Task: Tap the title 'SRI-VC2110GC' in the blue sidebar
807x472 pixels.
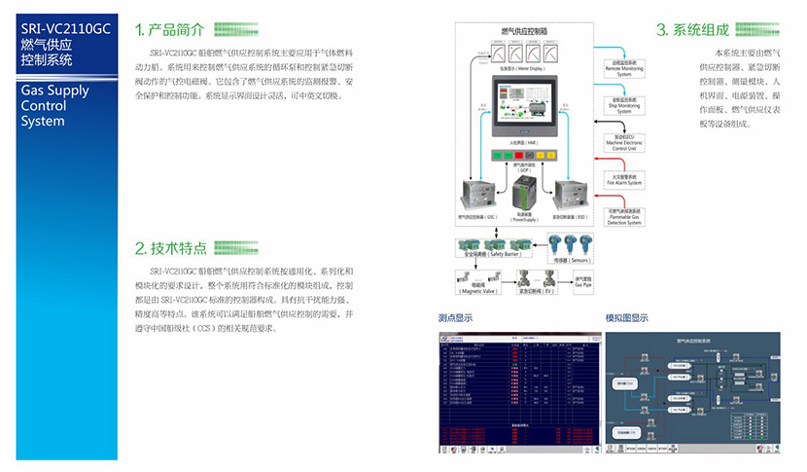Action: pos(65,29)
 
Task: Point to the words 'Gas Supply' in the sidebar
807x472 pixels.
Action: pos(54,91)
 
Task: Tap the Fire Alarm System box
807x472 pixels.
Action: pos(623,179)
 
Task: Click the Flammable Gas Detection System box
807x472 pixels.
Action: pos(623,216)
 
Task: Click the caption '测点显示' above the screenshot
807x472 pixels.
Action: pos(456,318)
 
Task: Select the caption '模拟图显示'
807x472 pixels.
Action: pos(627,318)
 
